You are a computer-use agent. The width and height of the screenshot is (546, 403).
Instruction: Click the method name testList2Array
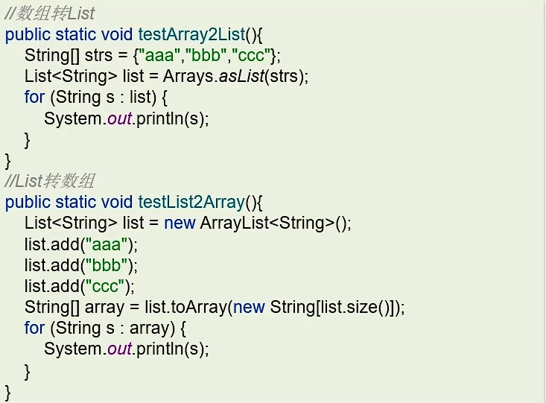click(191, 202)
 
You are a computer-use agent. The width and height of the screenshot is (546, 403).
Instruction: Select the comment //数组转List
click(51, 13)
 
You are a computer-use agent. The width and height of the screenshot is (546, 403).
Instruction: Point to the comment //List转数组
click(51, 181)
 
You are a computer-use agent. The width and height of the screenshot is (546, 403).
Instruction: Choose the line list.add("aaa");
click(81, 244)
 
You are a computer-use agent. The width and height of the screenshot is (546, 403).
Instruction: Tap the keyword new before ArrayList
click(180, 223)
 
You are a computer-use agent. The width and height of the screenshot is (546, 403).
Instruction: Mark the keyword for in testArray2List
click(34, 97)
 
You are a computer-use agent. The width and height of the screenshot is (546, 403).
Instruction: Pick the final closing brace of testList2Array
click(8, 390)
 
